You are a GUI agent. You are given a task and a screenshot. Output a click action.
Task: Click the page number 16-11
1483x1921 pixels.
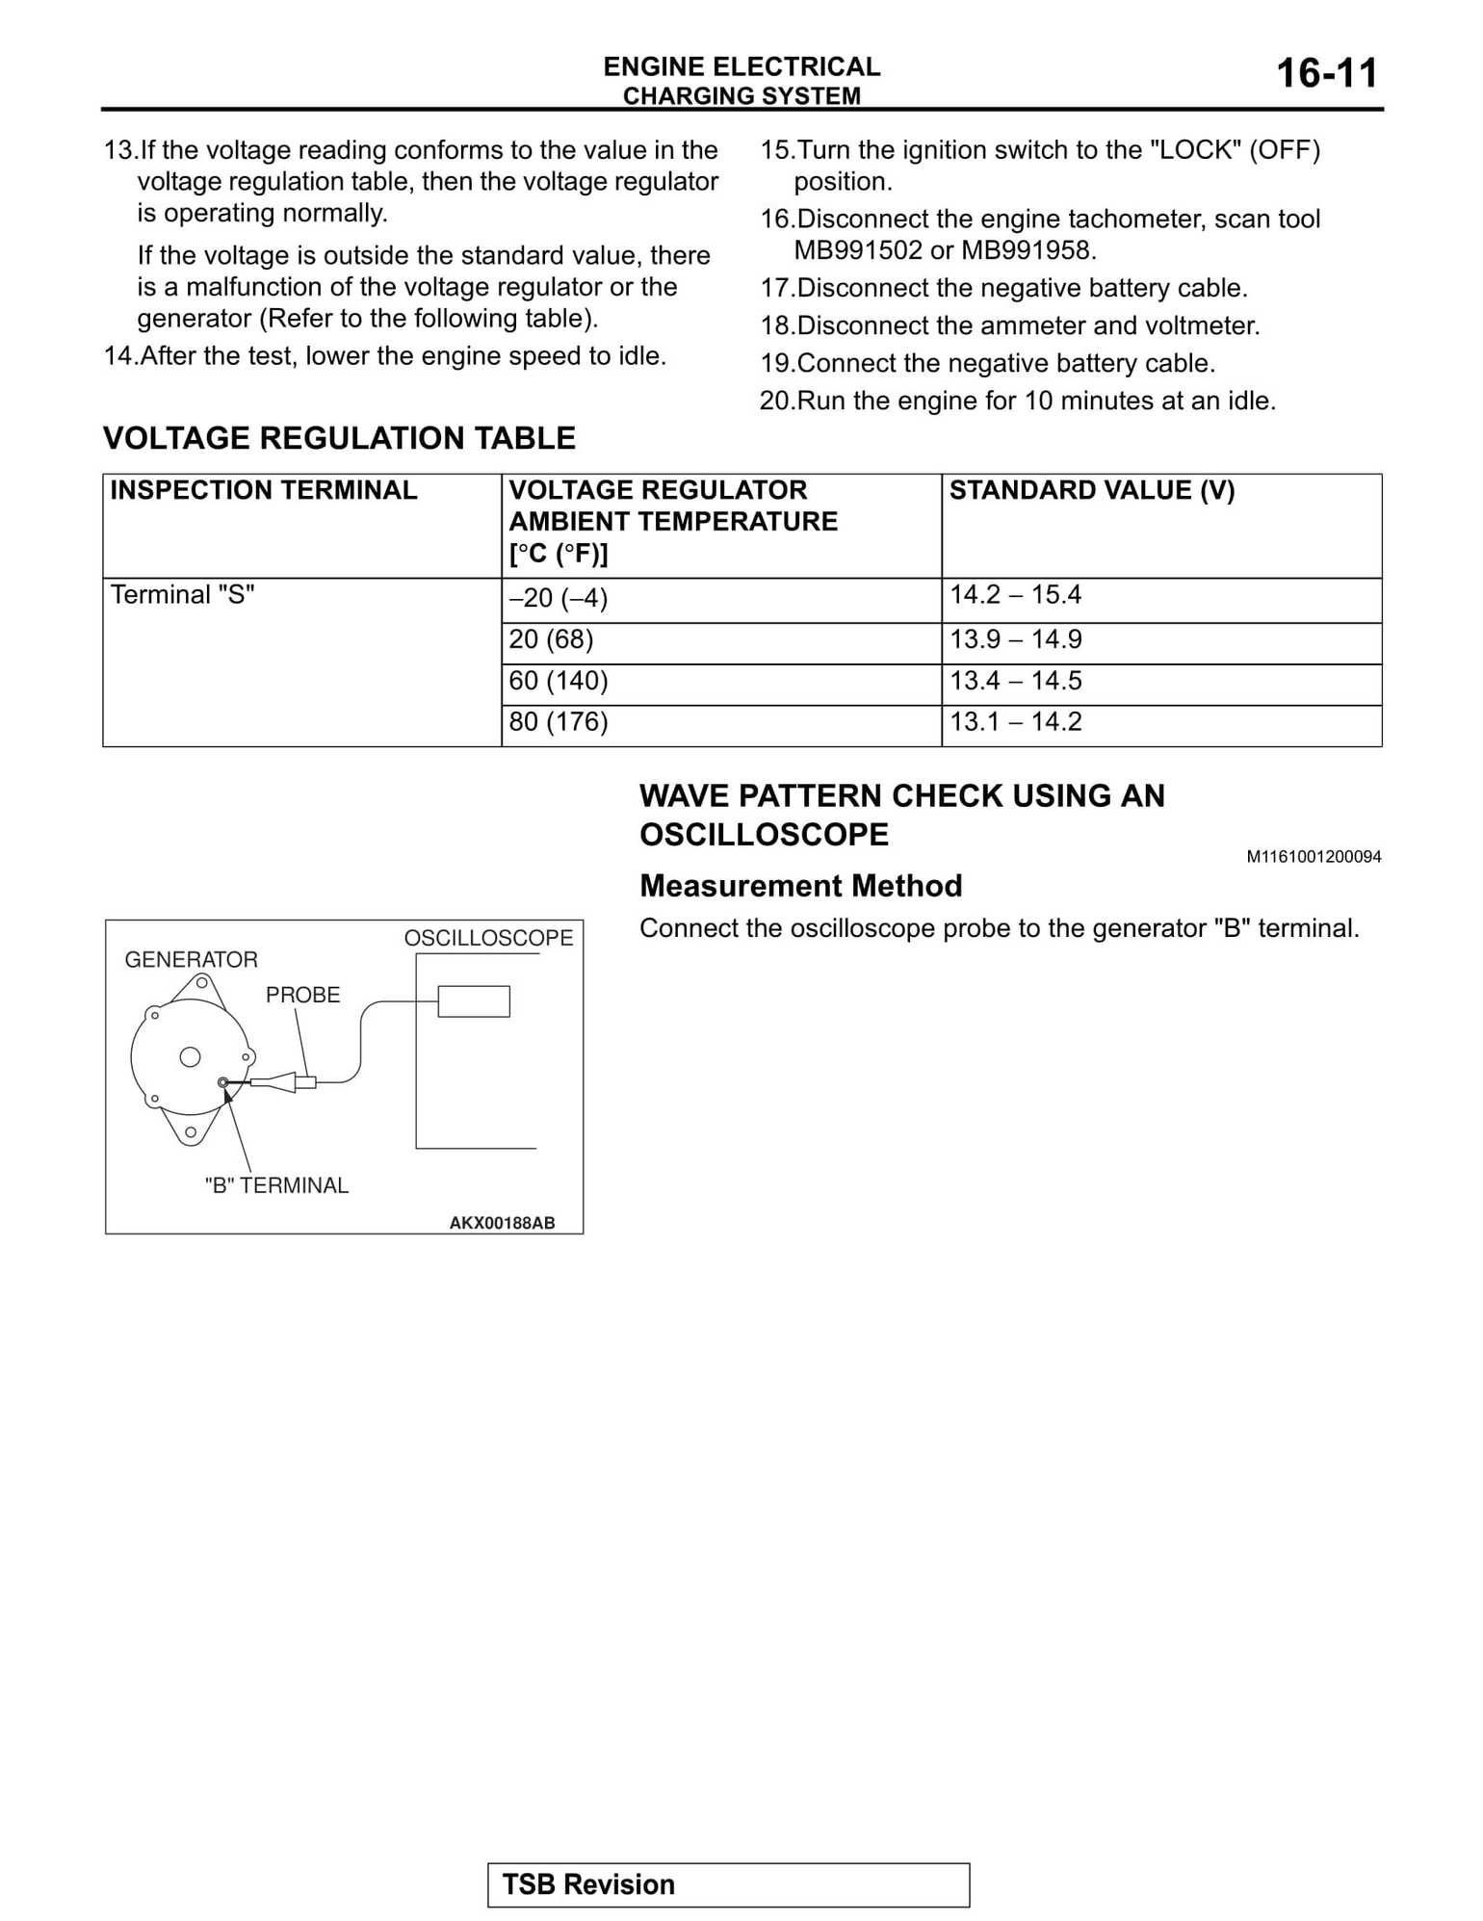(1326, 74)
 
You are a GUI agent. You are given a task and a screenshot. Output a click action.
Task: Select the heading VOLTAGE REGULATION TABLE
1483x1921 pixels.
(339, 438)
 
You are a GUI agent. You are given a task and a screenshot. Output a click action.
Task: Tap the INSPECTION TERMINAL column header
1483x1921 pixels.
(263, 490)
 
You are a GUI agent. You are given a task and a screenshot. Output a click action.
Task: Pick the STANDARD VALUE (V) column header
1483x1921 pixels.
(1091, 490)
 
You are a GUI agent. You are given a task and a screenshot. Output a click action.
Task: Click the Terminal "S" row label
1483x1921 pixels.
(182, 595)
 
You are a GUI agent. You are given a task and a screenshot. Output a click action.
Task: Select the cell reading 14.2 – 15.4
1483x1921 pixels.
(1015, 595)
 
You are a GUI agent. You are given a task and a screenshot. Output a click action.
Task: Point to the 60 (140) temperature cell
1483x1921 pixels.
(558, 681)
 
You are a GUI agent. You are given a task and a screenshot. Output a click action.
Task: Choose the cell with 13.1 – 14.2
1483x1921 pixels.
(1015, 722)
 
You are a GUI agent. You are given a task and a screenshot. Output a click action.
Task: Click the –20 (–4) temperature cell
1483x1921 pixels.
(558, 598)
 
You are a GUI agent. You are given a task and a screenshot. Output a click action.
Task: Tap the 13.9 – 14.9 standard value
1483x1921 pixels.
(1015, 639)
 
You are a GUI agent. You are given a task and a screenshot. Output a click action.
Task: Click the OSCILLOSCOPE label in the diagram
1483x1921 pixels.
(487, 938)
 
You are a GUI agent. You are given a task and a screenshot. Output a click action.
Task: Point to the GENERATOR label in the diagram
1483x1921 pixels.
(191, 959)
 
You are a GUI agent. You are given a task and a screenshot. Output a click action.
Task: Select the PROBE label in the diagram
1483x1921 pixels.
(302, 995)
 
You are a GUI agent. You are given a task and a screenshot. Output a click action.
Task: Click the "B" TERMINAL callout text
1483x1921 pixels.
(276, 1185)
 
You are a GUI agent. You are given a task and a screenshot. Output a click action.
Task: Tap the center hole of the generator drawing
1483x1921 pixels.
(191, 1057)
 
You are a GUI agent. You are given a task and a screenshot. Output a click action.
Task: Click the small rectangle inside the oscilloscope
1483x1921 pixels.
(474, 1001)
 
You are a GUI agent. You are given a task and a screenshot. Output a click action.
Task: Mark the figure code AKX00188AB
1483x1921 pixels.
(502, 1223)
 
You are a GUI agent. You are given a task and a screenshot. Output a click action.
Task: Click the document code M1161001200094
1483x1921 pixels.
(1313, 857)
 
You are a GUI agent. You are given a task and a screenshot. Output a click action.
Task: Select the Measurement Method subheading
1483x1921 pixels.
(800, 886)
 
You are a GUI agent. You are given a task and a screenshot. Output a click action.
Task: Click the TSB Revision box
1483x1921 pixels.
(728, 1884)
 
